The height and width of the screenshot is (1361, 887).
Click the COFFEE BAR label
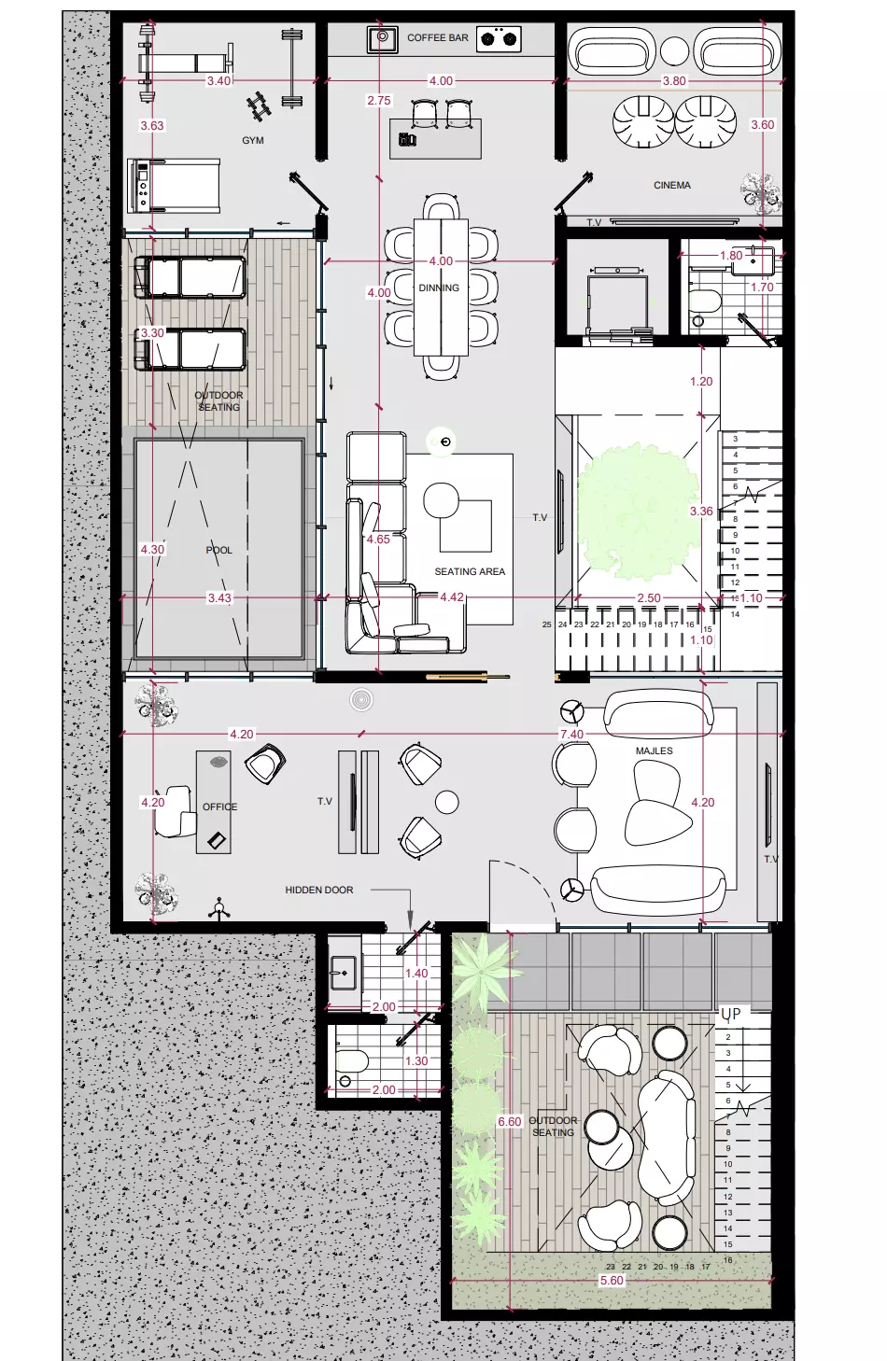click(437, 38)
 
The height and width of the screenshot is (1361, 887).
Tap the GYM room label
click(253, 141)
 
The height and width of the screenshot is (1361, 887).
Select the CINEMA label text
click(672, 186)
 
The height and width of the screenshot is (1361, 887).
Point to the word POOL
click(219, 551)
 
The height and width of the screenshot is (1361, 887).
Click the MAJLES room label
click(655, 751)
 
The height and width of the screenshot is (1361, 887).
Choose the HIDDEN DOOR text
click(319, 891)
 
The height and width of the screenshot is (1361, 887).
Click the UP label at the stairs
click(731, 1014)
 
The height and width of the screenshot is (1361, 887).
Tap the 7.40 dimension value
click(571, 735)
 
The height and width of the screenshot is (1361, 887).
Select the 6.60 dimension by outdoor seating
click(510, 1122)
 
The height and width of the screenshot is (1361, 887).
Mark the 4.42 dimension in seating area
click(452, 597)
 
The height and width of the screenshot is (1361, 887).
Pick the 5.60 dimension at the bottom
click(612, 1281)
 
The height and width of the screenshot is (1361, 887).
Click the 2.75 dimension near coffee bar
click(379, 101)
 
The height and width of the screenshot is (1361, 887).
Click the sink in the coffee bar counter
click(382, 39)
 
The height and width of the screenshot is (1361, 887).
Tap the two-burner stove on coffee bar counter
click(499, 39)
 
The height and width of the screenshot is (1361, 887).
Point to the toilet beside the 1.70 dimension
click(705, 302)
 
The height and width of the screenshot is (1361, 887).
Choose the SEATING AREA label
click(470, 571)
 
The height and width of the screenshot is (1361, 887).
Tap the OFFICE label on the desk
click(220, 807)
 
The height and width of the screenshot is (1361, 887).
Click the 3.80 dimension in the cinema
click(674, 81)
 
